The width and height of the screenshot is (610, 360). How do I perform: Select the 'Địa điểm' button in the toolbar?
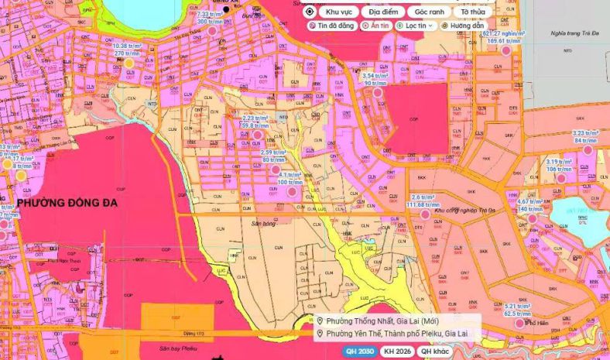point(384,12)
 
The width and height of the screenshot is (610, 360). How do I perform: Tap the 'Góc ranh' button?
point(430,12)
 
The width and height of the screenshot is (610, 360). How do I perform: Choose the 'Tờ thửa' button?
point(475,12)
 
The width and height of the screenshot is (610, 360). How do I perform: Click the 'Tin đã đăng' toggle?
point(331,26)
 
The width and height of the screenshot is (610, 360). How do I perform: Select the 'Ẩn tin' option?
point(377,26)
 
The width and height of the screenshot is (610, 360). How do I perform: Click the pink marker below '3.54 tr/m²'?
point(378,92)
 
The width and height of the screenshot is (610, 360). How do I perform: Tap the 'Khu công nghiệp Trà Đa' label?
point(464,210)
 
